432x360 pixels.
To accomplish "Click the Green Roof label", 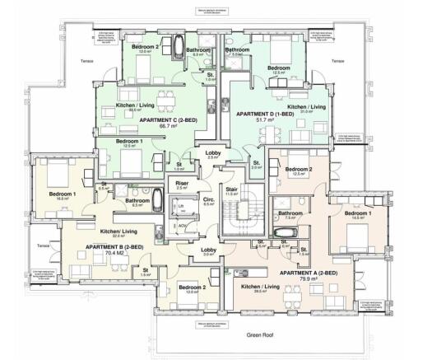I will point(261,335).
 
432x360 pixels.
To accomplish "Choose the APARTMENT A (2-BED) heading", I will point(305,273).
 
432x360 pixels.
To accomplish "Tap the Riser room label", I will point(183,183).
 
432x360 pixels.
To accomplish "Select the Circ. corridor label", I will point(208,199).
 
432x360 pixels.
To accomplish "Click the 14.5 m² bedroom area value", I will point(355,218).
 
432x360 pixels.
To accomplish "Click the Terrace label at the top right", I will point(337,61).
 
